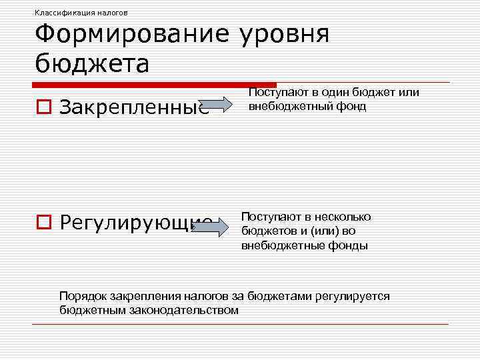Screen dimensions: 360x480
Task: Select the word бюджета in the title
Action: tap(92, 64)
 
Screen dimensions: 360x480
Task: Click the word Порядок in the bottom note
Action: tap(83, 296)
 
